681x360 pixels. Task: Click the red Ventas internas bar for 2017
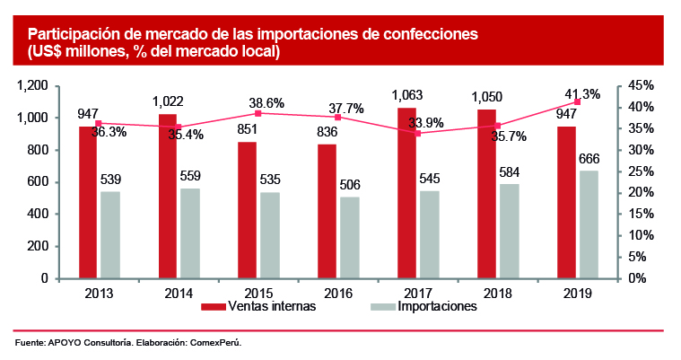pos(406,193)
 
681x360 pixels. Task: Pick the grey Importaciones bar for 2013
pos(109,234)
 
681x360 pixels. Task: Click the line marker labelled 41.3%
pos(577,101)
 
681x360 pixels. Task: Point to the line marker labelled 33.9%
pos(418,134)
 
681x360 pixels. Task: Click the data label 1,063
pos(406,94)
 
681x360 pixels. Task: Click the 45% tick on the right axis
pos(640,85)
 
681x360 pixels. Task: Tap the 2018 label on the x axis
pos(497,291)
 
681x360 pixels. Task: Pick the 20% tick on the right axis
pos(640,193)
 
